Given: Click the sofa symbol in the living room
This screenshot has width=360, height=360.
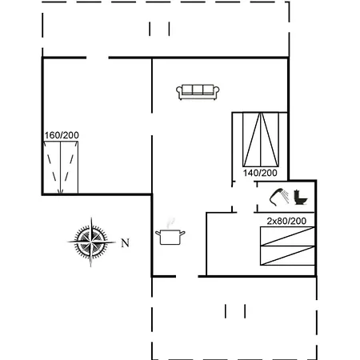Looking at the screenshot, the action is pos(198,92).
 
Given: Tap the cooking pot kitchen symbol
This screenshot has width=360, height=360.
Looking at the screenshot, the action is pos(170,237).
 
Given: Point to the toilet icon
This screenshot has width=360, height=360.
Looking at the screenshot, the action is pos(301,198).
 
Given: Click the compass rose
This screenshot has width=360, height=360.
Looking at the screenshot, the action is pos(91,242).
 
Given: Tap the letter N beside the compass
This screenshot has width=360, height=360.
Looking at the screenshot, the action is pos(126,243).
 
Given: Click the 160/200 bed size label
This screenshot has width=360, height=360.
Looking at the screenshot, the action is pos(62,135).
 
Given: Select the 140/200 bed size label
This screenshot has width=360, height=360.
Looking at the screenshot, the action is pos(260,173).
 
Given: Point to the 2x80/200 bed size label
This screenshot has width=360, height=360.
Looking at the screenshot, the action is pos(286,221).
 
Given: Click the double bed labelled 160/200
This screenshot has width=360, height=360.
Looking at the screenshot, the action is pos(61,167).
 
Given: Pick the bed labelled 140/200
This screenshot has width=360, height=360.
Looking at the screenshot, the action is pos(261,139).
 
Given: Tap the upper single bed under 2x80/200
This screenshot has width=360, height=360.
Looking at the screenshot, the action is pos(287,236).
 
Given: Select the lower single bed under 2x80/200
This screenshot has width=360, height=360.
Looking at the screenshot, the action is pos(287,255).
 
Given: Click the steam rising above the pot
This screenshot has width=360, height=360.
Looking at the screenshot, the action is pos(170,223).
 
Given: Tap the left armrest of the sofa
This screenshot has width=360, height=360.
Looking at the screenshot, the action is pos(178,91).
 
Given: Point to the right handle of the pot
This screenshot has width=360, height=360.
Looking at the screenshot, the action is pos(182,234).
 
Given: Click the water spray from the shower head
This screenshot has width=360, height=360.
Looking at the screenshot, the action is pos(286,196).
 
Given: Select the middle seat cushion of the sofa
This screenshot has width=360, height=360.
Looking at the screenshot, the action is pos(198,90).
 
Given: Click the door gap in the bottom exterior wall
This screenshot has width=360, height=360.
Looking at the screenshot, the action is pos(187,277).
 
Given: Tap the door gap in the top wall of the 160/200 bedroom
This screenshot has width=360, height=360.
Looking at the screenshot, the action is pos(98,58).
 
